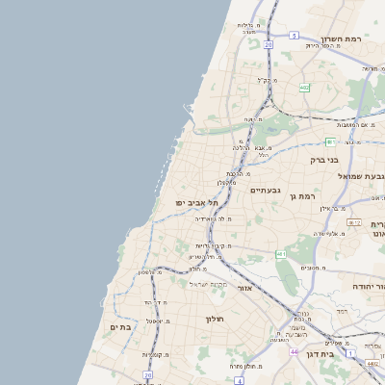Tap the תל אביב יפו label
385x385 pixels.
197,203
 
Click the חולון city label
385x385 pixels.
213,319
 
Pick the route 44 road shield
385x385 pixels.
294,352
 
